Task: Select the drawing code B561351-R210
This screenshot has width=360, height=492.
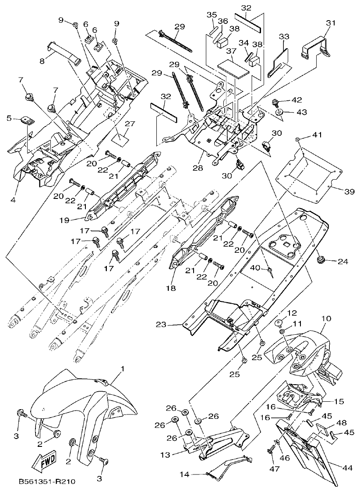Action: (x=47, y=481)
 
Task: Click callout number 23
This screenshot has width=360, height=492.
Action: (x=161, y=325)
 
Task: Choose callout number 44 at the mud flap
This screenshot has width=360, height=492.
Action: (x=347, y=468)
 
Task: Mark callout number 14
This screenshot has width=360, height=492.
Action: (x=184, y=474)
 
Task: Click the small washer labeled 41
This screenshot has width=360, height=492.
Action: (x=297, y=139)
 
